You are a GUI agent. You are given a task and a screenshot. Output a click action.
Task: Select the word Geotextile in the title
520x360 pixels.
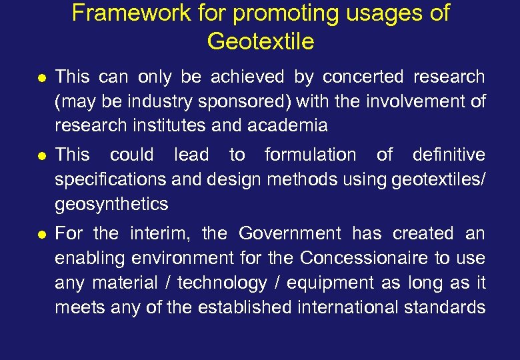(260, 41)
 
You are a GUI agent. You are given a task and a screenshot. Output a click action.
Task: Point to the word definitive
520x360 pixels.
(449, 155)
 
